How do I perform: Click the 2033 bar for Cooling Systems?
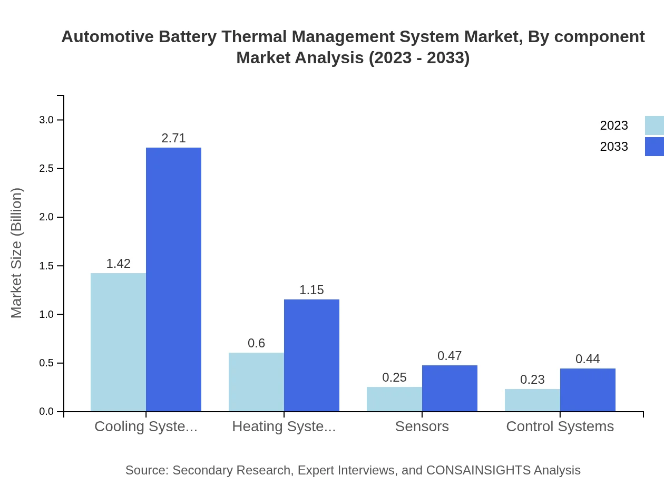(x=173, y=279)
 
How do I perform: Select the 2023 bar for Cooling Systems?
(x=118, y=342)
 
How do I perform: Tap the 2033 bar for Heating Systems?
(x=311, y=355)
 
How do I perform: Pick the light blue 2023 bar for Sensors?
(x=394, y=399)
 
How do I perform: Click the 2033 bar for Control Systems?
(x=588, y=390)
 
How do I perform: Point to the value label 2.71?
(x=173, y=138)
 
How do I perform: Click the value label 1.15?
(x=311, y=290)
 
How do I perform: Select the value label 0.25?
(x=394, y=377)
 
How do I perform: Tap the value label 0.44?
(x=588, y=359)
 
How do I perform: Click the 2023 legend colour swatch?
(x=654, y=125)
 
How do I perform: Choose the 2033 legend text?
(x=614, y=147)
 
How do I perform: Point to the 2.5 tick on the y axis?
(x=47, y=169)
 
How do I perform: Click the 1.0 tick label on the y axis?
(x=47, y=315)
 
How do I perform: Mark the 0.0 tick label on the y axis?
(x=47, y=412)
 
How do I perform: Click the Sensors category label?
(x=422, y=426)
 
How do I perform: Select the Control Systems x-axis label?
(x=560, y=426)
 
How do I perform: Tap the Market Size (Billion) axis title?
(x=17, y=253)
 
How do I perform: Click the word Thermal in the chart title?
(x=255, y=37)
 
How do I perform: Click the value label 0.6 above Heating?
(x=256, y=343)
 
